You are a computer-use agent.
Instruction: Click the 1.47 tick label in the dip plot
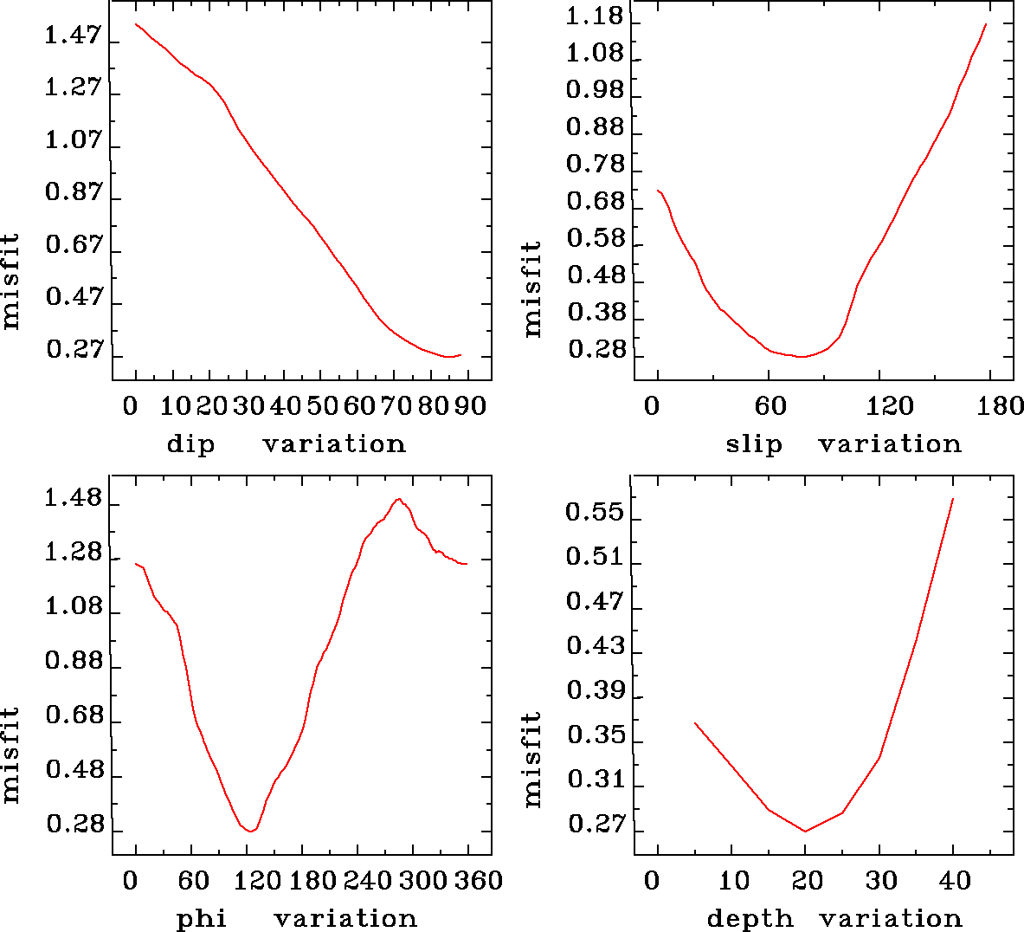73,36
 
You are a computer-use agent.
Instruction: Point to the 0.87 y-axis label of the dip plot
73,193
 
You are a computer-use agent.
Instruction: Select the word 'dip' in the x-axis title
190,444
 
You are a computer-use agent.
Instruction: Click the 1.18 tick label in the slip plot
594,17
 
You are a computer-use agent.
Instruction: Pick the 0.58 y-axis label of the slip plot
595,239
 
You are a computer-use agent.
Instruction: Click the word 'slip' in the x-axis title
753,444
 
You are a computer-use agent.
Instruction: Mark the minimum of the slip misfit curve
802,356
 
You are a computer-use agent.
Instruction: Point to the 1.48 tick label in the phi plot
73,500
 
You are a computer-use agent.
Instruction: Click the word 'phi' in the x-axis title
202,918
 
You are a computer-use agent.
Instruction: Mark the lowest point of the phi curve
250,832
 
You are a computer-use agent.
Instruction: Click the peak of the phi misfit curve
398,499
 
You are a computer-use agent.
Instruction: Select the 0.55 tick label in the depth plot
594,513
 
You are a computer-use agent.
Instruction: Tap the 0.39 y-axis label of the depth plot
595,691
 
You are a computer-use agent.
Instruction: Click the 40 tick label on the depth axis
955,881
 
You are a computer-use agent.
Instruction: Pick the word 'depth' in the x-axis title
750,918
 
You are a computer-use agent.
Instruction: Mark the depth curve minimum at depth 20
805,832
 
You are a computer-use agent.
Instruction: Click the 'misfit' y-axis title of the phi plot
10,754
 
